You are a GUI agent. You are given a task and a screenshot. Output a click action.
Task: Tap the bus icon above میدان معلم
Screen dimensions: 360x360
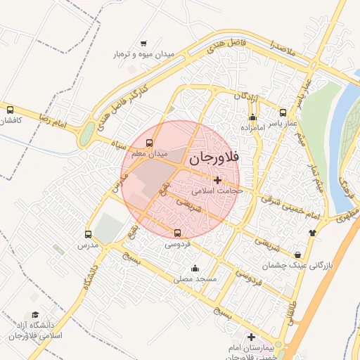[148, 143]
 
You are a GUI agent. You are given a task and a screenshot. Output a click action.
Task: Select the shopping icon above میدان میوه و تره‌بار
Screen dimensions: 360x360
[144, 44]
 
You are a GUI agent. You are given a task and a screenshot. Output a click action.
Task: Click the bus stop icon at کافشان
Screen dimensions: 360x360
[10, 110]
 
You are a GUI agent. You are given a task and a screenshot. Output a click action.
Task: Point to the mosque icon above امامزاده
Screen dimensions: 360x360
[252, 117]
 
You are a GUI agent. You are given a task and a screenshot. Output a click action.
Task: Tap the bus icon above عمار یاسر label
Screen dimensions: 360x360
[283, 112]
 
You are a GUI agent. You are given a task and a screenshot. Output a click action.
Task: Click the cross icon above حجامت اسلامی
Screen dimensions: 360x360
[217, 180]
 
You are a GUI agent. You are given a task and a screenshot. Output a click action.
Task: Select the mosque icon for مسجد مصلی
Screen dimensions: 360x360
[195, 268]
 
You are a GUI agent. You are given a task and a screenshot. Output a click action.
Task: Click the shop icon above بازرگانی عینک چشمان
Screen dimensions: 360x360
[299, 255]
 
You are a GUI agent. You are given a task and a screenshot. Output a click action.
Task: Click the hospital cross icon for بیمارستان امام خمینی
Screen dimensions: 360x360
[251, 337]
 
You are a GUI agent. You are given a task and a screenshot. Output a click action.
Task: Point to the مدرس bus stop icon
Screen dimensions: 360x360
[88, 234]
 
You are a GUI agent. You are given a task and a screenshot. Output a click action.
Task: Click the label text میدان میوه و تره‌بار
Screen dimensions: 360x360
[144, 54]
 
